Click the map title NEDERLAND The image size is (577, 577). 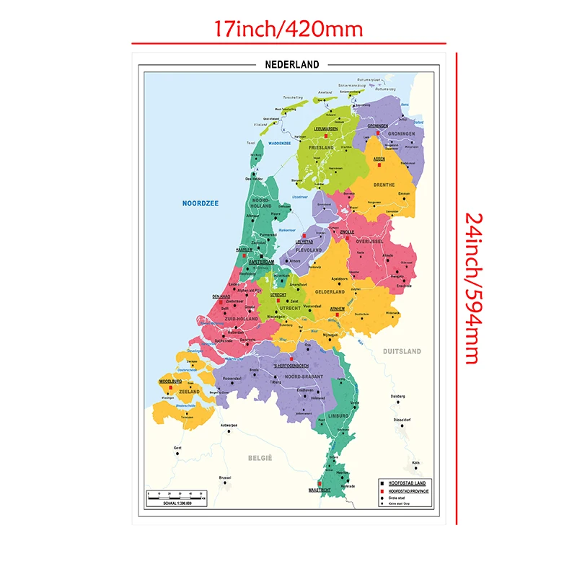pyautogui.click(x=292, y=64)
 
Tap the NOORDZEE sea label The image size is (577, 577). pyautogui.click(x=200, y=203)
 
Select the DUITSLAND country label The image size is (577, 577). pyautogui.click(x=402, y=351)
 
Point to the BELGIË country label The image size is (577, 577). pyautogui.click(x=260, y=457)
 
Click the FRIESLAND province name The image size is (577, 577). pyautogui.click(x=323, y=148)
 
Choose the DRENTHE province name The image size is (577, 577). pyautogui.click(x=384, y=185)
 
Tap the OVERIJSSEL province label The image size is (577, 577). pyautogui.click(x=368, y=241)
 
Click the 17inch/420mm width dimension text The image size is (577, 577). pyautogui.click(x=288, y=29)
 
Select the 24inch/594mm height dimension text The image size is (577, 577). pyautogui.click(x=472, y=288)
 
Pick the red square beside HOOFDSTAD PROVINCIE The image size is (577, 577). pyautogui.click(x=382, y=490)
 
